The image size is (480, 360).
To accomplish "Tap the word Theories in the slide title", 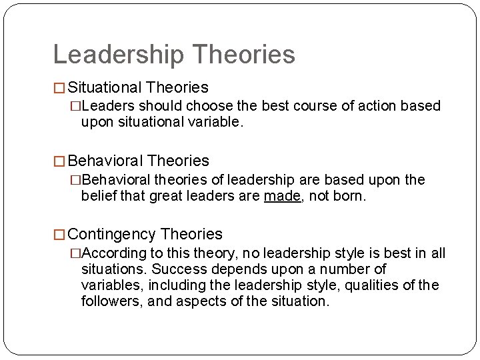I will pos(243,55).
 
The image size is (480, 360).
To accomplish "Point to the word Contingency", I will pos(112,234).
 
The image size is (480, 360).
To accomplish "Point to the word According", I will pos(115,253).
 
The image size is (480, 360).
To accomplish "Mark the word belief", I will pos(97,196).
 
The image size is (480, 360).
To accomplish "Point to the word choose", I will pos(207,106).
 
